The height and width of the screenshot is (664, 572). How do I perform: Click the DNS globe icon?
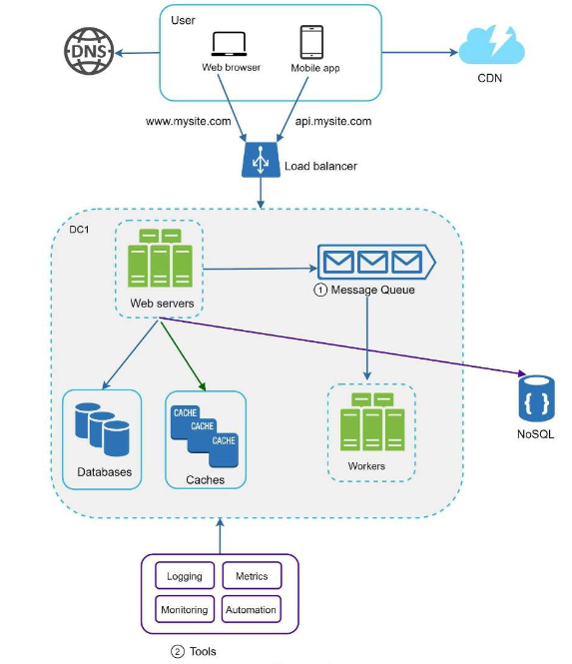(89, 51)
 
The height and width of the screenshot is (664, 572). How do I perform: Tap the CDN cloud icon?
(491, 45)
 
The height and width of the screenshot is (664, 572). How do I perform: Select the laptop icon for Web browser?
(229, 44)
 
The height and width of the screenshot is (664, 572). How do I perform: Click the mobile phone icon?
(311, 42)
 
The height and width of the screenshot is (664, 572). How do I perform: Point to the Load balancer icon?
(261, 160)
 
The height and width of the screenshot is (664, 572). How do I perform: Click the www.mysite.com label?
(188, 122)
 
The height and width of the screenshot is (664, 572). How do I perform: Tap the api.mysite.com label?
(333, 122)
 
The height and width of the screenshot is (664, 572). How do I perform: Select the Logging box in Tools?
(185, 575)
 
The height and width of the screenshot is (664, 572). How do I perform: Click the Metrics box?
(252, 575)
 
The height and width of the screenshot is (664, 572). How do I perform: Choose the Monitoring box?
(185, 609)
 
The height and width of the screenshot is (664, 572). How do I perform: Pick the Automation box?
(252, 609)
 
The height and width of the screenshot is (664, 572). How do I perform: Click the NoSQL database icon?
(536, 398)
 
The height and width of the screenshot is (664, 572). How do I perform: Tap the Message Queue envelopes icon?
(376, 262)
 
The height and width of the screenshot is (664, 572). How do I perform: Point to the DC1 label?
(79, 230)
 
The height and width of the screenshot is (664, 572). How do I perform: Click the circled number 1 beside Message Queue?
(320, 291)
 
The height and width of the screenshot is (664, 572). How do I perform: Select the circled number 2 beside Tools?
(178, 651)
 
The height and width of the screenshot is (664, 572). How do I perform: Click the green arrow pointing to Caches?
(183, 356)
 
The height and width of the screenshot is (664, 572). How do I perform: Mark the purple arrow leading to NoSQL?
(342, 346)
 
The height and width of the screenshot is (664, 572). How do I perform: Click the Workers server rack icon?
(372, 421)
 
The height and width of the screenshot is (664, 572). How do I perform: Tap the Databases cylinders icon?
(102, 429)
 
